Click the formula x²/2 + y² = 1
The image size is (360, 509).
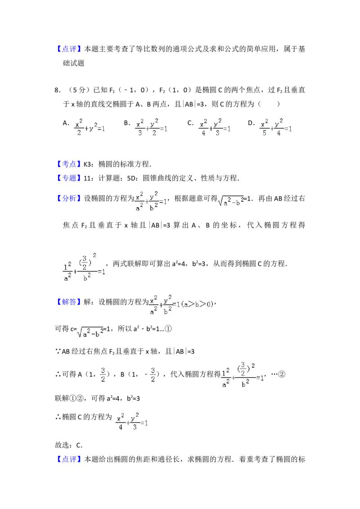coord(90,128)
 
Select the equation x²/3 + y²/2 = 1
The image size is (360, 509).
coord(151,128)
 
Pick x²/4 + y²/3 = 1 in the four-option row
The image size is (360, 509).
coord(216,128)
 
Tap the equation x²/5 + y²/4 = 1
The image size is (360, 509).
coord(277,128)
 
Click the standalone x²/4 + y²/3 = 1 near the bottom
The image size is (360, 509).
coord(133,421)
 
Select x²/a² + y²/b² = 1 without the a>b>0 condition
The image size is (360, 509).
coord(151,200)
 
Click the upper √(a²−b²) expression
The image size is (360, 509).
coord(230,202)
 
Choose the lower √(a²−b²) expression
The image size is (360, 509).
coord(90,333)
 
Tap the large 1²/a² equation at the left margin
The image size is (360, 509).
coord(85,268)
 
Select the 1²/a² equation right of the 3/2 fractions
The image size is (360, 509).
coord(243,374)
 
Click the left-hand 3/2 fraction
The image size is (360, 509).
coord(103,374)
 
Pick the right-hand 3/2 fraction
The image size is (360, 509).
coord(153,374)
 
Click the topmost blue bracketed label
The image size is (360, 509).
coord(70,49)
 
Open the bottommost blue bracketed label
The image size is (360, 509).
coord(70,459)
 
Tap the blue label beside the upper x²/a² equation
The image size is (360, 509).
coord(69,199)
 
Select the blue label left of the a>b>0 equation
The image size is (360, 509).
coord(69,301)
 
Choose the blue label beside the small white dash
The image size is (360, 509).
coord(70,164)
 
